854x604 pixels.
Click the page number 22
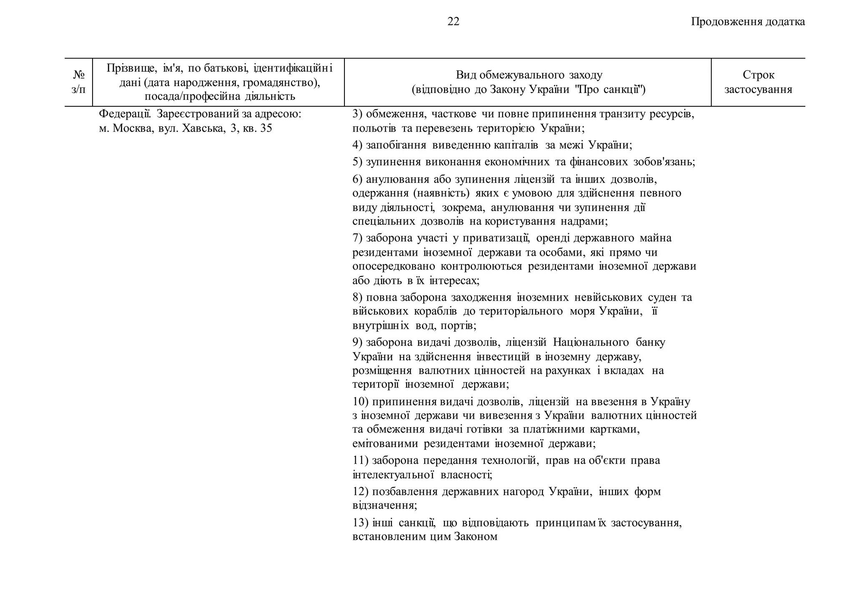(453, 22)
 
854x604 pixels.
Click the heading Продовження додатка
(748, 22)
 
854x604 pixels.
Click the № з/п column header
(78, 82)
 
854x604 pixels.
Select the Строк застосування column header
(758, 82)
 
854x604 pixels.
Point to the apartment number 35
(266, 128)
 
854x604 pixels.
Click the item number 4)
(357, 145)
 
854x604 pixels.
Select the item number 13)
(360, 523)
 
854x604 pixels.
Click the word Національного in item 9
(590, 342)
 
